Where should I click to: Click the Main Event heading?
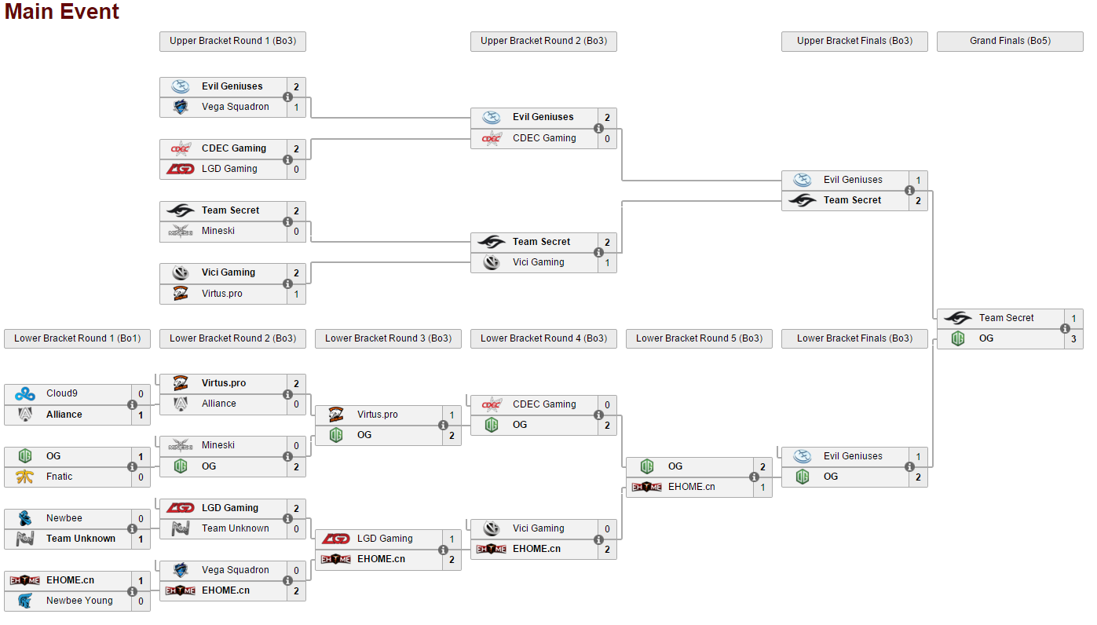tap(62, 12)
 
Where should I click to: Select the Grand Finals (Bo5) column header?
tap(1010, 41)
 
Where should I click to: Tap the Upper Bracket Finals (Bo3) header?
tap(854, 41)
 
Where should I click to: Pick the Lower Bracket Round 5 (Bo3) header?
tap(699, 338)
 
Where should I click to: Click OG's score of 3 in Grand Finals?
tap(1073, 339)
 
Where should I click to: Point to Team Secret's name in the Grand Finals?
tap(1006, 318)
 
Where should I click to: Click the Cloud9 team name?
tap(62, 393)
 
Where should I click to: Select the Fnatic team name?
tap(60, 477)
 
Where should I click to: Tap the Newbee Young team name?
tap(79, 601)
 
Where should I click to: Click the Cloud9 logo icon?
tap(25, 394)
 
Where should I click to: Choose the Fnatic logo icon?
tap(25, 477)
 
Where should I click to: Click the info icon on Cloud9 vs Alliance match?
tap(133, 404)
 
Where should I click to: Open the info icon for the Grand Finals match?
tap(1066, 329)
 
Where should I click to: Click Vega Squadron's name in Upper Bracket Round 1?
tap(235, 107)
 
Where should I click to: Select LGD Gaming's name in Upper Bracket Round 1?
tap(229, 169)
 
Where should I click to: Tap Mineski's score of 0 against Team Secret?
tap(296, 232)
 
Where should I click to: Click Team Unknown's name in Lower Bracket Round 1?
tap(81, 539)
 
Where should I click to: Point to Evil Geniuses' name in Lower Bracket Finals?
tap(853, 456)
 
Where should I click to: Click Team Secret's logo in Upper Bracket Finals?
tap(803, 200)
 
